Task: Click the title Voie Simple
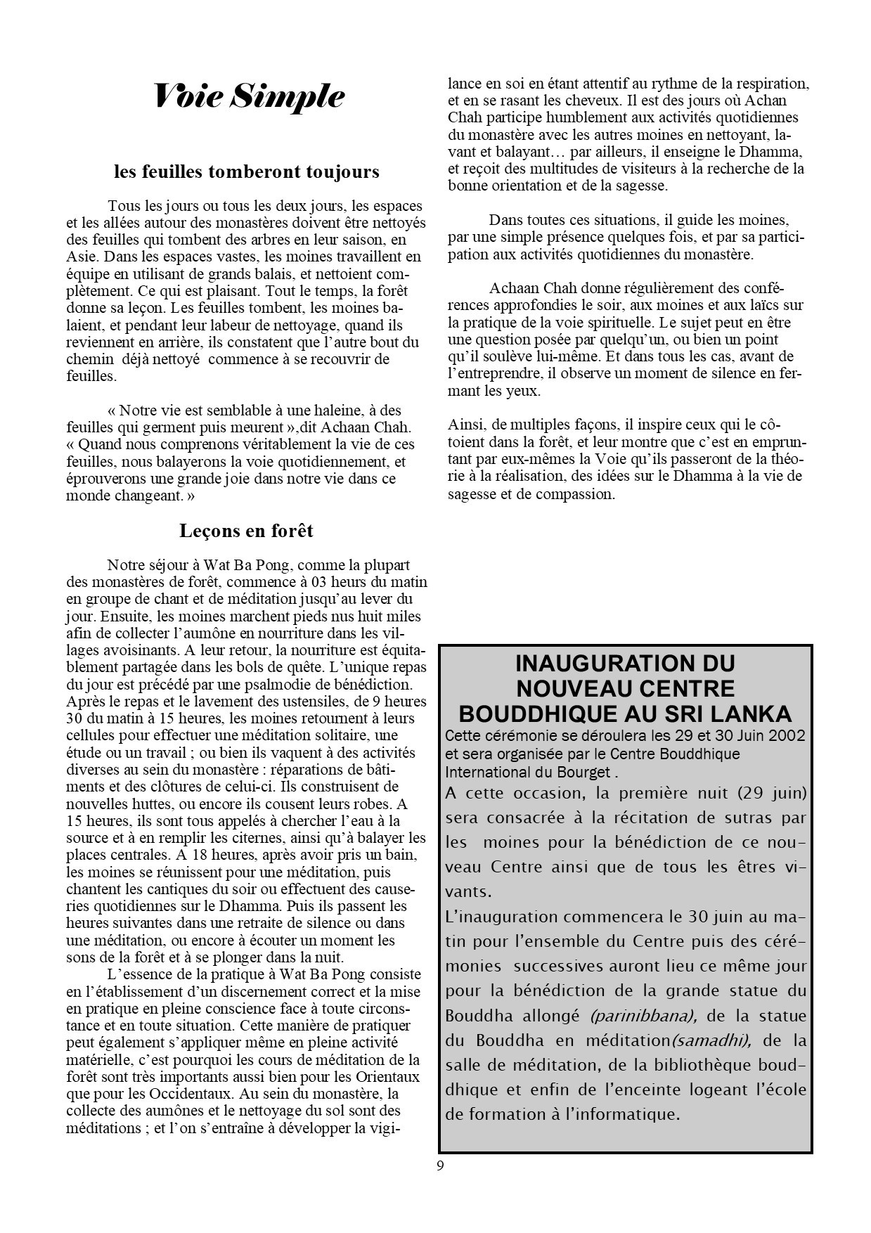click(x=249, y=96)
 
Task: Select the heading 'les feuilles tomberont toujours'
click(x=247, y=172)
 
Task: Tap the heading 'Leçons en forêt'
click(x=246, y=531)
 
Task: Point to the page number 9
click(x=440, y=1166)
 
